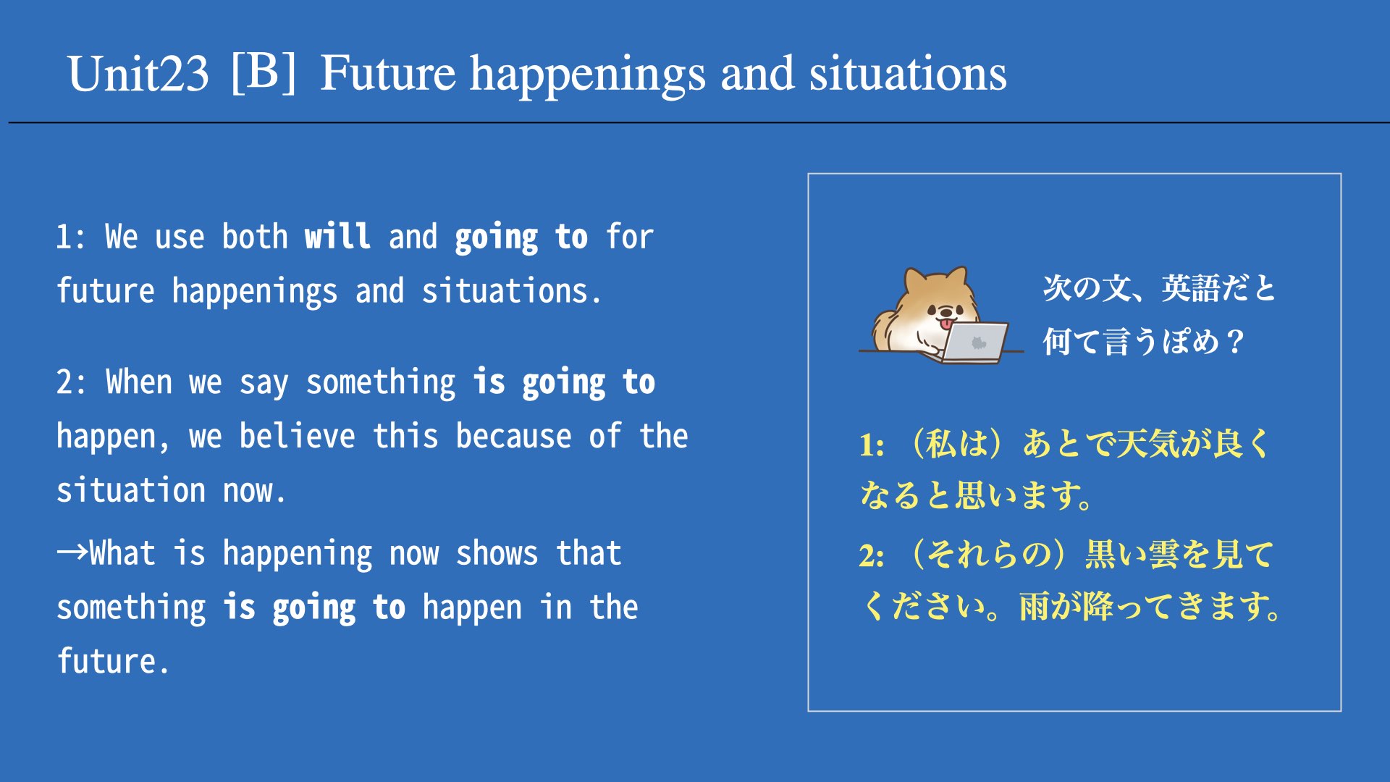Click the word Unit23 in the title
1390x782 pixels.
coord(138,74)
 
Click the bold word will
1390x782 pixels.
coord(337,236)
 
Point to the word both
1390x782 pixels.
coord(255,236)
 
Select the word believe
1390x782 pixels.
coord(298,436)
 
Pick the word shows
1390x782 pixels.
coord(497,554)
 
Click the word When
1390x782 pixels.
coord(139,382)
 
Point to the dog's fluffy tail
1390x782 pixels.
coord(884,329)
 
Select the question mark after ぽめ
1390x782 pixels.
coord(1235,341)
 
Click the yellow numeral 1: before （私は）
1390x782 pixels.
coord(872,445)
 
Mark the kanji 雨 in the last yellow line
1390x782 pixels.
coord(1035,607)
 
